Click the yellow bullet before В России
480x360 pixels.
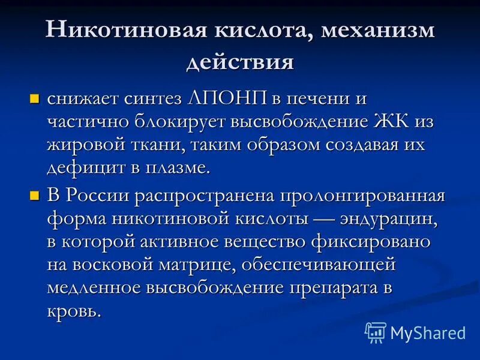(x=34, y=194)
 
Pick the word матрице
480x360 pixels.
(x=202, y=265)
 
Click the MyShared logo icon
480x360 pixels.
(x=376, y=332)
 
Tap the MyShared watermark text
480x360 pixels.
(x=428, y=332)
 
